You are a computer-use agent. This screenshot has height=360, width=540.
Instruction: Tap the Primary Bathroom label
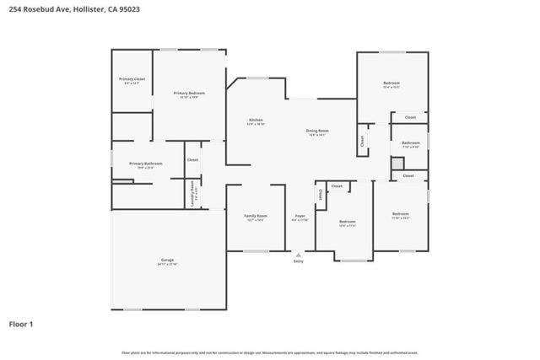click(x=145, y=164)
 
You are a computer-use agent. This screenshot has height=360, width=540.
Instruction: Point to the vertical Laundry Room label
click(x=193, y=193)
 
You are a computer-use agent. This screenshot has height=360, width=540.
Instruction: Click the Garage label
click(x=167, y=261)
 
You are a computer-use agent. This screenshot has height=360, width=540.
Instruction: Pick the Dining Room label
click(x=316, y=130)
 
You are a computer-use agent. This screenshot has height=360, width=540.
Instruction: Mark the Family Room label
click(x=256, y=217)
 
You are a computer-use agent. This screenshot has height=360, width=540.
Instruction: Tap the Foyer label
click(x=300, y=217)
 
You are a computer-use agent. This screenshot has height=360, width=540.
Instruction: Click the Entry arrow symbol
click(x=298, y=254)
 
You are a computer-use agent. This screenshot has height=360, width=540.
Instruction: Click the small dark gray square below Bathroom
click(x=397, y=164)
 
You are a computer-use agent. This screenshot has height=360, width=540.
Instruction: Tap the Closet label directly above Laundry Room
click(x=192, y=159)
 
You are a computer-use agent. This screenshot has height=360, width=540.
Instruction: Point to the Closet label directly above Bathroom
click(x=410, y=117)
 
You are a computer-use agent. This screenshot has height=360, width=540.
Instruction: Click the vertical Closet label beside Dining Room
click(x=362, y=141)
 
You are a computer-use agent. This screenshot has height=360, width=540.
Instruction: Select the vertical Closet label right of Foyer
click(x=321, y=194)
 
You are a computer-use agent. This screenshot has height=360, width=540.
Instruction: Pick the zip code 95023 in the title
click(x=130, y=8)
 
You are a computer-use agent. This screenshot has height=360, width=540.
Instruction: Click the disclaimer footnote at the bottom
click(x=270, y=352)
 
